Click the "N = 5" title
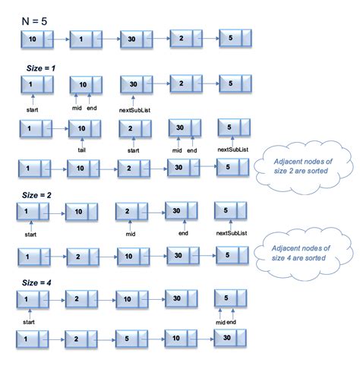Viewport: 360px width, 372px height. [34, 21]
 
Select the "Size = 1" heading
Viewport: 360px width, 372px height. [41, 68]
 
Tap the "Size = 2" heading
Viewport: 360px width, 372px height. [36, 195]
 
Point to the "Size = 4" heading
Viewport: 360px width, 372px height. [36, 282]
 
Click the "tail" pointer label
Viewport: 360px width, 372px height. [81, 150]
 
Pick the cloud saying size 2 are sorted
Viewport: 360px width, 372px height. [303, 167]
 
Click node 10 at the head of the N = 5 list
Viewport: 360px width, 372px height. [37, 39]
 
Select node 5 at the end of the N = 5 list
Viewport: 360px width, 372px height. [235, 38]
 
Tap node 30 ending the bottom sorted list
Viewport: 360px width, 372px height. [230, 338]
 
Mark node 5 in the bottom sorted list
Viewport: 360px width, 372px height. [131, 339]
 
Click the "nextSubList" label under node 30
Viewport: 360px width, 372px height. [134, 110]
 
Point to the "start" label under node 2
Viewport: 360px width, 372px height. [133, 150]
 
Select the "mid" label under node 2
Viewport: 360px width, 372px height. [131, 234]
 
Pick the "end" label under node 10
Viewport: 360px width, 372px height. [92, 108]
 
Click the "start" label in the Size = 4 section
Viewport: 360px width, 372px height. [29, 322]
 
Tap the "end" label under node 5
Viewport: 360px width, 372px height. [231, 322]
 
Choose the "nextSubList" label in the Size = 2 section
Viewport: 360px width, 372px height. [232, 233]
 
